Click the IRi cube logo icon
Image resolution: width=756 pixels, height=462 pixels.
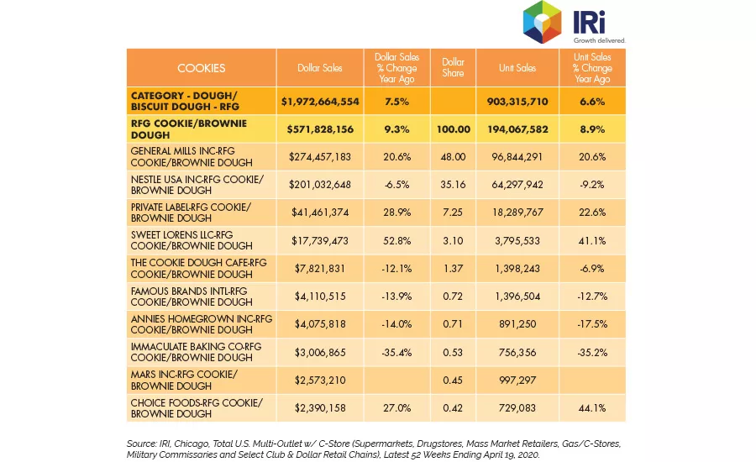[542, 22]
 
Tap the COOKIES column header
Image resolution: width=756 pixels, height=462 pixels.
[201, 68]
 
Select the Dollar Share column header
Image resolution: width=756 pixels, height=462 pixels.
[453, 67]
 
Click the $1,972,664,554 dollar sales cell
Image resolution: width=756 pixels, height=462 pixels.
[320, 102]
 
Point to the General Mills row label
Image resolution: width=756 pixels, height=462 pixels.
[192, 157]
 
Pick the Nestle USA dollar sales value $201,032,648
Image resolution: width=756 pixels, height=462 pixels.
[320, 185]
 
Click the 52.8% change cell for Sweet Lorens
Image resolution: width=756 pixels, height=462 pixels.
[396, 240]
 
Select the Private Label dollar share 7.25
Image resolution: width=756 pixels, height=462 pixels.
[453, 213]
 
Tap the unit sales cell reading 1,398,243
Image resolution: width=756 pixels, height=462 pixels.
[517, 269]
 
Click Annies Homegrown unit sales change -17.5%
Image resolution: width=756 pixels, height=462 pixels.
[592, 324]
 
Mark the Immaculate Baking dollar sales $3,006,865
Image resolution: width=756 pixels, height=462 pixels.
[320, 353]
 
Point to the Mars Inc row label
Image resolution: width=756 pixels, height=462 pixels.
[184, 380]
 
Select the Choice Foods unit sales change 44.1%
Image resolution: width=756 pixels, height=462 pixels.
[592, 408]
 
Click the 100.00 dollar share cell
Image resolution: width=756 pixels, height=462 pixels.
[454, 129]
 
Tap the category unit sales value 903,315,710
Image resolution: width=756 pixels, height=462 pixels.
[517, 102]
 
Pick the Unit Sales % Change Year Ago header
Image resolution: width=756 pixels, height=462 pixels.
[592, 68]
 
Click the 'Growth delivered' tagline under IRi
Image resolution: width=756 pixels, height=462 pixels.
[599, 40]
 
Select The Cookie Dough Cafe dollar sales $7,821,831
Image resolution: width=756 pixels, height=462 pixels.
[320, 269]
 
